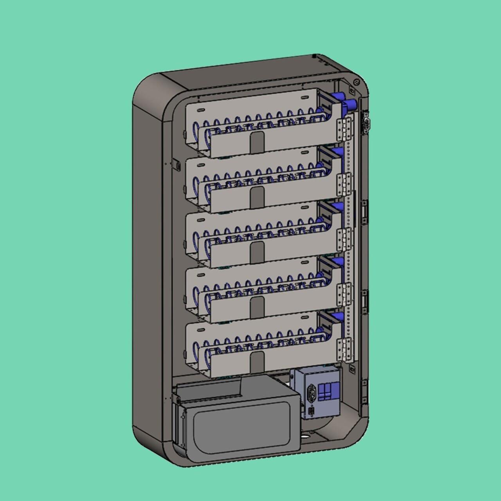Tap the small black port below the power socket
point(312,411)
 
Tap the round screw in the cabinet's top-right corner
point(356,83)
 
